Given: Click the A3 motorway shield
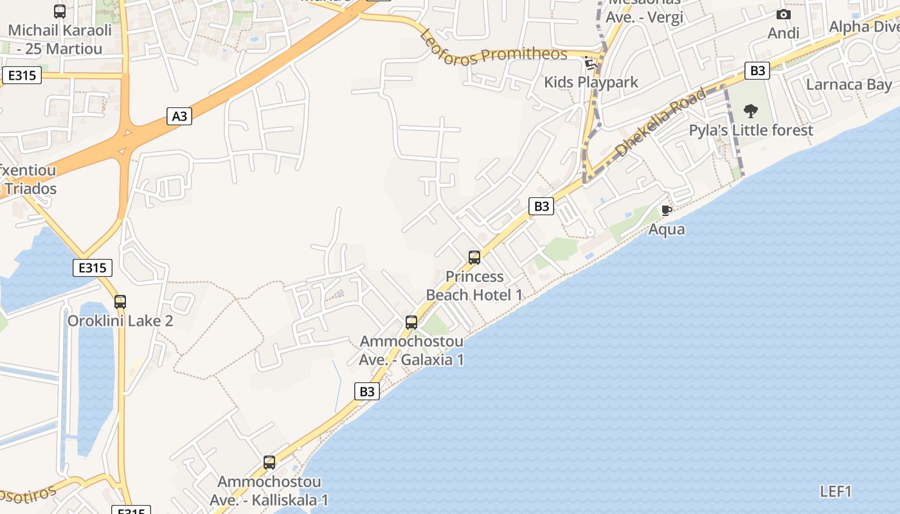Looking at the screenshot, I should [x=180, y=116].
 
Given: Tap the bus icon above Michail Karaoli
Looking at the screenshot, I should [x=60, y=11].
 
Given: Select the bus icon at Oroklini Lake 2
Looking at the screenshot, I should [x=120, y=301].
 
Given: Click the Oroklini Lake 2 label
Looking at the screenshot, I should [x=120, y=321].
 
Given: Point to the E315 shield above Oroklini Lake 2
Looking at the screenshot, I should [x=93, y=267].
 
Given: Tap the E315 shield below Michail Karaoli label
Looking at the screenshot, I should [x=22, y=75].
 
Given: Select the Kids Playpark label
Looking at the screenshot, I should [x=591, y=82].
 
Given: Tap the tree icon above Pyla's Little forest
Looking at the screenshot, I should [x=750, y=111].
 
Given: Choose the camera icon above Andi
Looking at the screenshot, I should [x=783, y=14].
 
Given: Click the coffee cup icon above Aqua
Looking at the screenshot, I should [x=667, y=210].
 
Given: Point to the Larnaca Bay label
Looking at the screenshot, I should [x=849, y=85].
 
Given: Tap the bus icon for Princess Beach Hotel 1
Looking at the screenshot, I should [x=474, y=258].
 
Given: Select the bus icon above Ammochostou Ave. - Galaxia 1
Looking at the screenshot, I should [x=411, y=323].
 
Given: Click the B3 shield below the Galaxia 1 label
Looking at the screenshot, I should [x=366, y=391].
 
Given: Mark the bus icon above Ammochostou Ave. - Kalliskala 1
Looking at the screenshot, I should [x=269, y=463].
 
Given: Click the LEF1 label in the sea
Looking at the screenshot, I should [x=836, y=492].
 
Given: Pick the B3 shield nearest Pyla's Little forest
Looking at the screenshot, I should [x=757, y=71].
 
